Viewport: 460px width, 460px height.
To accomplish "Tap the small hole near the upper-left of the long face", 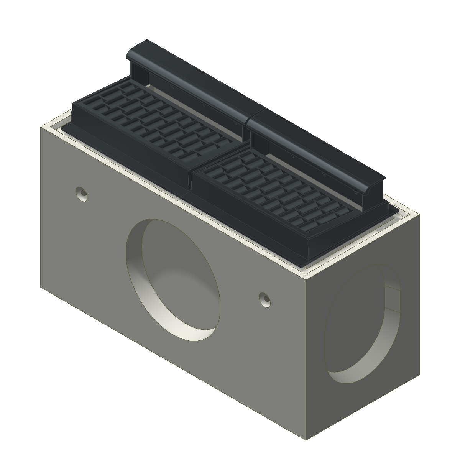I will (81, 194).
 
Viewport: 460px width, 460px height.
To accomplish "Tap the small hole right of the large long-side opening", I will (264, 299).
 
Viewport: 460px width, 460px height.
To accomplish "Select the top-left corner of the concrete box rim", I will (41, 127).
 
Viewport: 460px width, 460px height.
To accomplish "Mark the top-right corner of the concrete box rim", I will (419, 215).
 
